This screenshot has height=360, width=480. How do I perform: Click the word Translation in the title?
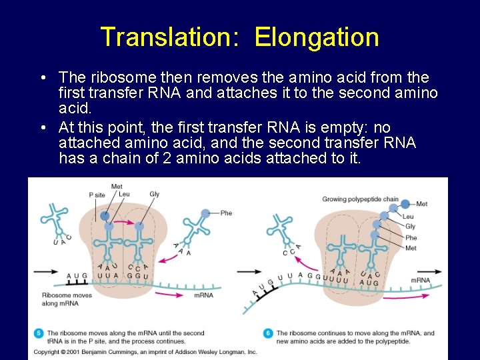[x=167, y=37]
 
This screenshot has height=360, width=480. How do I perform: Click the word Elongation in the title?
[x=317, y=37]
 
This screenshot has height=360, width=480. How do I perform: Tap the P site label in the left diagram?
[x=97, y=195]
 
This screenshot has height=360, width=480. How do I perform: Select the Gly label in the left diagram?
[x=155, y=195]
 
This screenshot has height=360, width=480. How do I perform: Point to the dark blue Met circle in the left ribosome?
[x=104, y=215]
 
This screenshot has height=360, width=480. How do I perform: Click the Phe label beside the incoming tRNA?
[x=226, y=213]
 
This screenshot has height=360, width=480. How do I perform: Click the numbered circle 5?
[x=38, y=333]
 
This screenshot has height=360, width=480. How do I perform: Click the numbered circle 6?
[x=268, y=333]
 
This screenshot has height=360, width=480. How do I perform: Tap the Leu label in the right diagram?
[x=408, y=217]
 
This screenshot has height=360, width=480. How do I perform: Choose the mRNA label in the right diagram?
[x=420, y=281]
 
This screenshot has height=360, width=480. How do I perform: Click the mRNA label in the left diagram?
[x=204, y=295]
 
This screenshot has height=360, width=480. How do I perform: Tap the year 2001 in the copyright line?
[x=71, y=351]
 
